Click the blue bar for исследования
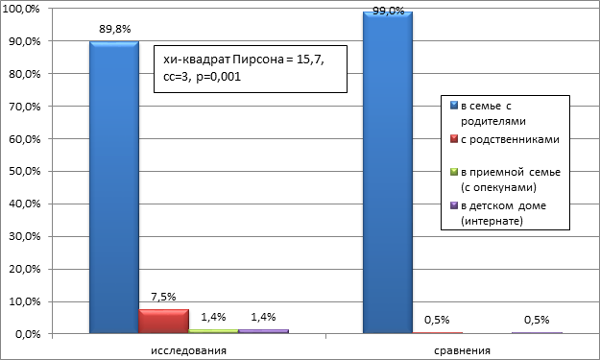pyautogui.click(x=114, y=187)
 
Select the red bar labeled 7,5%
pyautogui.click(x=164, y=322)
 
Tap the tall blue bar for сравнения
pyautogui.click(x=388, y=172)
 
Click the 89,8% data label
pyautogui.click(x=115, y=29)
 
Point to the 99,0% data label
pyautogui.click(x=389, y=11)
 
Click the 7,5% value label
pyautogui.click(x=163, y=297)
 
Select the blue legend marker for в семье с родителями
pyautogui.click(x=454, y=106)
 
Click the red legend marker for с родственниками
pyautogui.click(x=454, y=139)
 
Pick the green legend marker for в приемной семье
pyautogui.click(x=454, y=172)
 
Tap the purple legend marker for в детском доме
pyautogui.click(x=454, y=205)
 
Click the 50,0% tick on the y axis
pyautogui.click(x=25, y=172)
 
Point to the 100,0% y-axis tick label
pyautogui.click(x=21, y=9)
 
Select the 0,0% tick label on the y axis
pyautogui.click(x=28, y=334)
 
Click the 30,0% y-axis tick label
pyautogui.click(x=25, y=236)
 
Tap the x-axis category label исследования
pyautogui.click(x=189, y=350)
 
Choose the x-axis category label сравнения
pyautogui.click(x=463, y=350)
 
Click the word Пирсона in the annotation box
pyautogui.click(x=258, y=60)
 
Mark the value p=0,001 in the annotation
pyautogui.click(x=219, y=77)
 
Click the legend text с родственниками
pyautogui.click(x=510, y=139)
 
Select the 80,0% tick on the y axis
pyautogui.click(x=25, y=74)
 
